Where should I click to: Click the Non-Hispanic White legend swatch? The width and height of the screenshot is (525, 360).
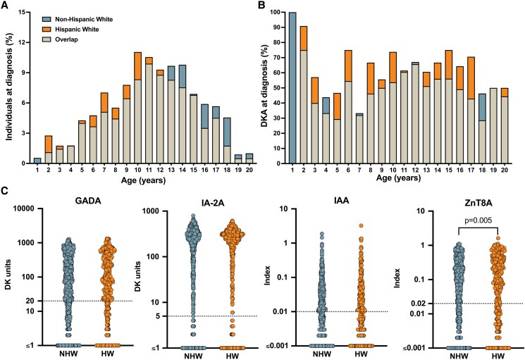(x=47, y=20)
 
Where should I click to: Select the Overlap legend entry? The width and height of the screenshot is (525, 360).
(x=66, y=39)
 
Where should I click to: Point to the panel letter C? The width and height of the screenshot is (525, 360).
(x=5, y=191)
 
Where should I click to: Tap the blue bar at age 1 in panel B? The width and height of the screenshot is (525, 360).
(x=292, y=88)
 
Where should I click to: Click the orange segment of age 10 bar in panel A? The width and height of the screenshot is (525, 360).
(x=137, y=66)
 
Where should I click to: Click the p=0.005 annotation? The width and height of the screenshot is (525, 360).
(x=478, y=221)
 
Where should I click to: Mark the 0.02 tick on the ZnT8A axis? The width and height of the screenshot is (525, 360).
(x=417, y=304)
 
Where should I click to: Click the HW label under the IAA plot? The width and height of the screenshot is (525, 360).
(x=361, y=354)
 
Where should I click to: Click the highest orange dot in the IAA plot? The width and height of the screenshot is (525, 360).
(x=362, y=225)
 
